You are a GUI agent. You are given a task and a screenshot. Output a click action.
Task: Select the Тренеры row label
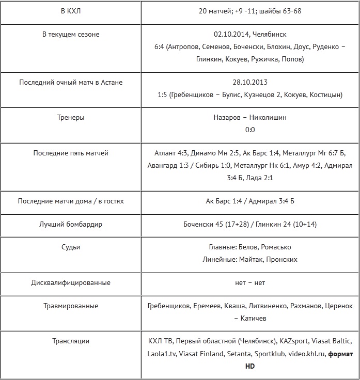[71, 117]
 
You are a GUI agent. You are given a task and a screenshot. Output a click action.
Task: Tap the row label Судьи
[71, 247]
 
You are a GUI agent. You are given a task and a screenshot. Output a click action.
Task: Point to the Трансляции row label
[71, 341]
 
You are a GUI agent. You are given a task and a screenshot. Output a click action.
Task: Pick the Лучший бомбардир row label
[71, 224]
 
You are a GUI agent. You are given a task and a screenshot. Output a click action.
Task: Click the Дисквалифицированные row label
[71, 282]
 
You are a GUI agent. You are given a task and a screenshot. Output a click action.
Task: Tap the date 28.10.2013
[250, 82]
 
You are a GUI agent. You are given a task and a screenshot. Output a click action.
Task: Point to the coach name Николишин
[268, 117]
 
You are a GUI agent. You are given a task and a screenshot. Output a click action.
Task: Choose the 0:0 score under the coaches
[250, 130]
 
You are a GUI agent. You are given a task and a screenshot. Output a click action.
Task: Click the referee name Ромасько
[276, 247]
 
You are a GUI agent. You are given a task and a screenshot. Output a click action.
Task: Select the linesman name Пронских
[281, 260]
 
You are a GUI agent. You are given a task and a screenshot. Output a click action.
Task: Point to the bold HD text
[250, 366]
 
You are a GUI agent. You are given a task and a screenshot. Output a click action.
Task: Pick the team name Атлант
[165, 153]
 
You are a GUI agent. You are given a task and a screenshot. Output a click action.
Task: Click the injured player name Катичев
[254, 319]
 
